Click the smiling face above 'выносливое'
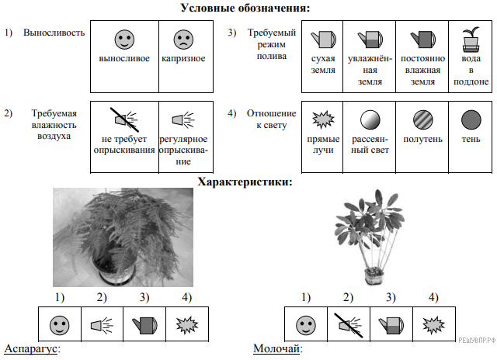coord(124,38)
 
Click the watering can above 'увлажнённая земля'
coord(368,38)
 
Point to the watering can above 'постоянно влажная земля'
coord(422,38)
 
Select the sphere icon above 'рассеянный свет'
coord(369,119)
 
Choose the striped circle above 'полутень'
coord(422,119)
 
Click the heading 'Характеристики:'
coord(245,182)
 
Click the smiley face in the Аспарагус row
coord(59,322)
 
